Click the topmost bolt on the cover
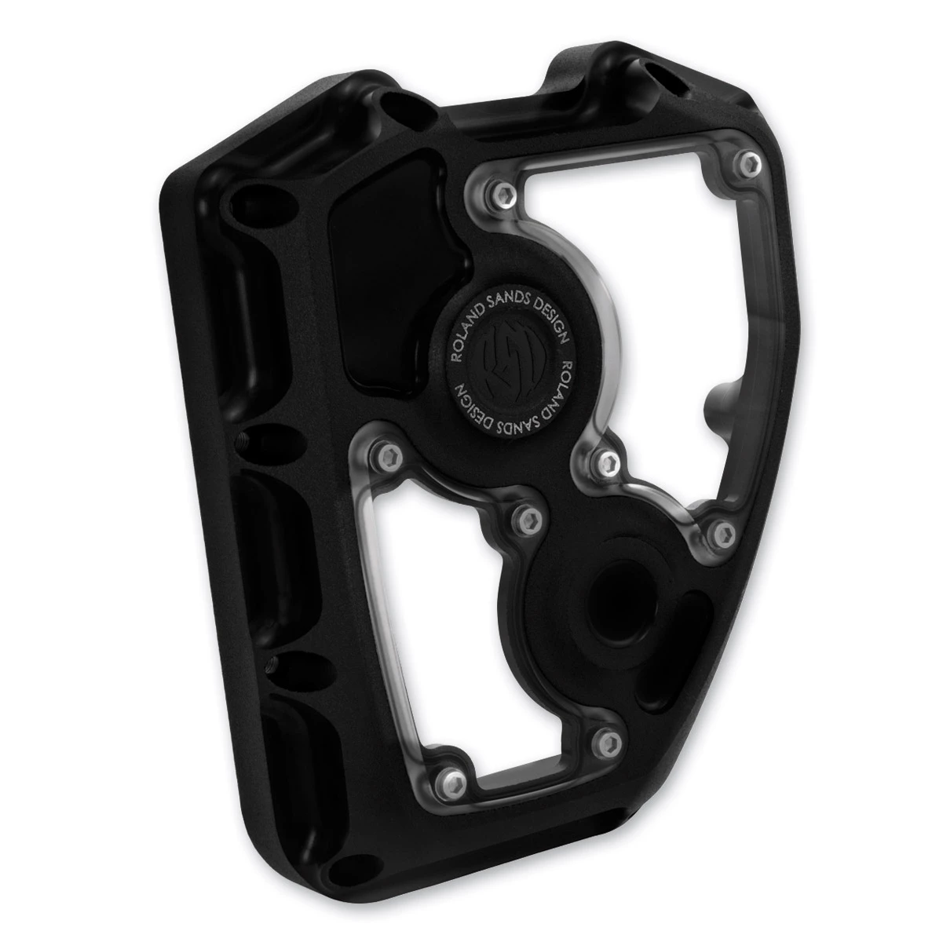(x=749, y=165)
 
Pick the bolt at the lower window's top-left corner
(x=387, y=457)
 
